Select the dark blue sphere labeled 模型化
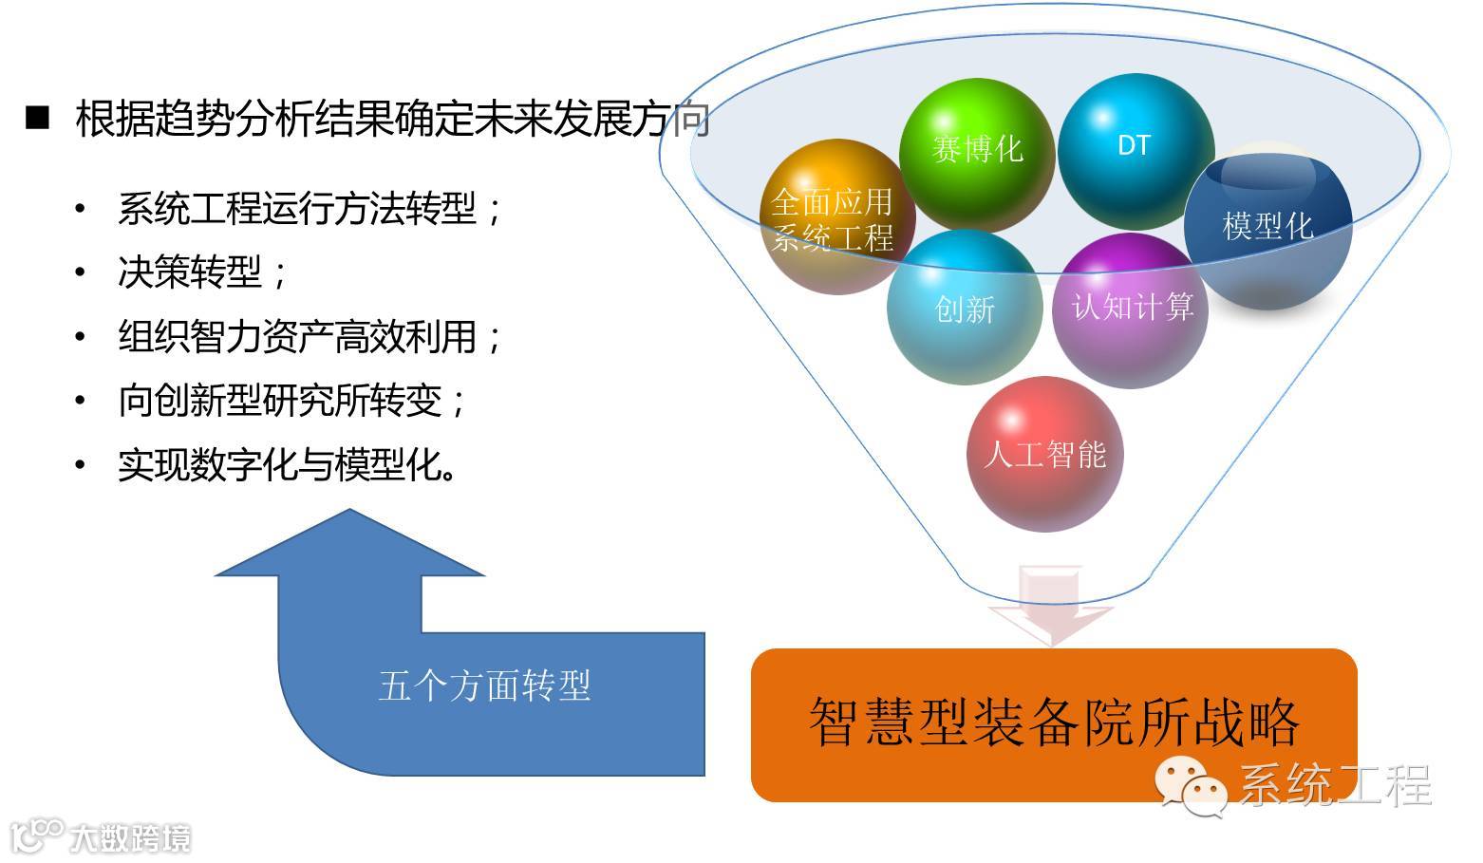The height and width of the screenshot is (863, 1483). pyautogui.click(x=1267, y=228)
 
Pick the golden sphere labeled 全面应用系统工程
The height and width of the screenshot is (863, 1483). pyautogui.click(x=834, y=219)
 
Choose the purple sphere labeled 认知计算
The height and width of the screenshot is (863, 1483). pyautogui.click(x=1131, y=309)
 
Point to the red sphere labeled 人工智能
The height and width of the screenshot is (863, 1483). pyautogui.click(x=1044, y=454)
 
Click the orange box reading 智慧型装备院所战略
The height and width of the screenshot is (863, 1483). pyautogui.click(x=1054, y=723)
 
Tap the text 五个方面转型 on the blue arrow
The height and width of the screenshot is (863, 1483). pyautogui.click(x=484, y=685)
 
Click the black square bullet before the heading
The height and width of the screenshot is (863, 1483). pyautogui.click(x=37, y=118)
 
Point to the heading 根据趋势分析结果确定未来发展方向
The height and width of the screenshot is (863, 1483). pyautogui.click(x=392, y=121)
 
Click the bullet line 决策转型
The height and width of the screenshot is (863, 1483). pyautogui.click(x=202, y=272)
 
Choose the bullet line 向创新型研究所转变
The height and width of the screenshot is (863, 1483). pyautogui.click(x=292, y=401)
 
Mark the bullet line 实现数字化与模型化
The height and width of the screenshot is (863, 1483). pyautogui.click(x=287, y=465)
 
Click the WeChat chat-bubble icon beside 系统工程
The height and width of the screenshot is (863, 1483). pyautogui.click(x=1192, y=784)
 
